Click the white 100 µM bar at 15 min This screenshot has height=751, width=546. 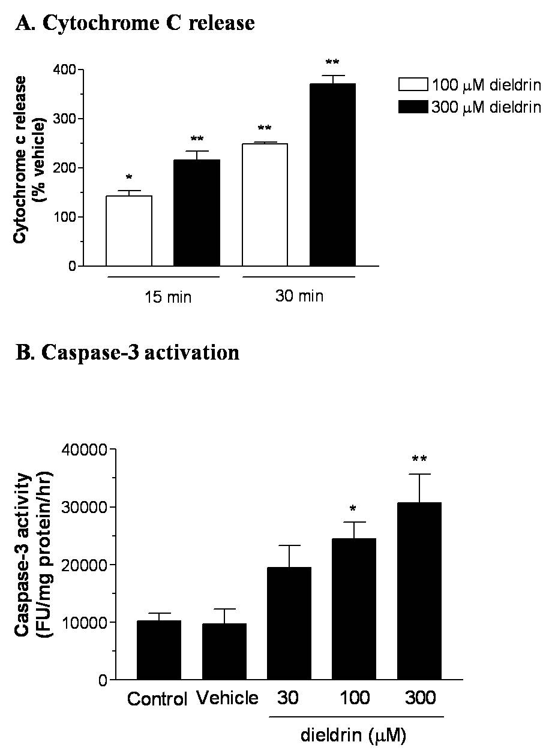tap(129, 231)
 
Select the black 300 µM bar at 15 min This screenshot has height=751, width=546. tap(197, 213)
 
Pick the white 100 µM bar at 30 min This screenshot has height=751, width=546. tap(265, 205)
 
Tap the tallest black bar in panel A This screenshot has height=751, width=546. tap(332, 175)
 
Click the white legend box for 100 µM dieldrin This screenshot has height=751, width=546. tap(413, 85)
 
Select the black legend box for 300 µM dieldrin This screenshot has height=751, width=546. tap(413, 107)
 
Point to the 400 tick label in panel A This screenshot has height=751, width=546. tap(65, 70)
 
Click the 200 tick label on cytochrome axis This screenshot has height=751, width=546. tap(65, 168)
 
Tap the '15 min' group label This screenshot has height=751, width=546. tap(168, 297)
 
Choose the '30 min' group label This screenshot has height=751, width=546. tap(299, 296)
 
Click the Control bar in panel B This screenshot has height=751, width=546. tap(159, 650)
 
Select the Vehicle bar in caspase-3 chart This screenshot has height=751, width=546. tap(224, 652)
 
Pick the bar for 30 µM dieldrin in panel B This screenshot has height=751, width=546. tap(289, 623)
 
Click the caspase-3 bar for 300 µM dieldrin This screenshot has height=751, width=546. tap(419, 591)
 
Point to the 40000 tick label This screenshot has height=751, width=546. tap(84, 450)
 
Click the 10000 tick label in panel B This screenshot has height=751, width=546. tap(84, 622)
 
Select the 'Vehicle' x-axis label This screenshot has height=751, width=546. tap(227, 698)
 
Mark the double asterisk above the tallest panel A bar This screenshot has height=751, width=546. tap(332, 62)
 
